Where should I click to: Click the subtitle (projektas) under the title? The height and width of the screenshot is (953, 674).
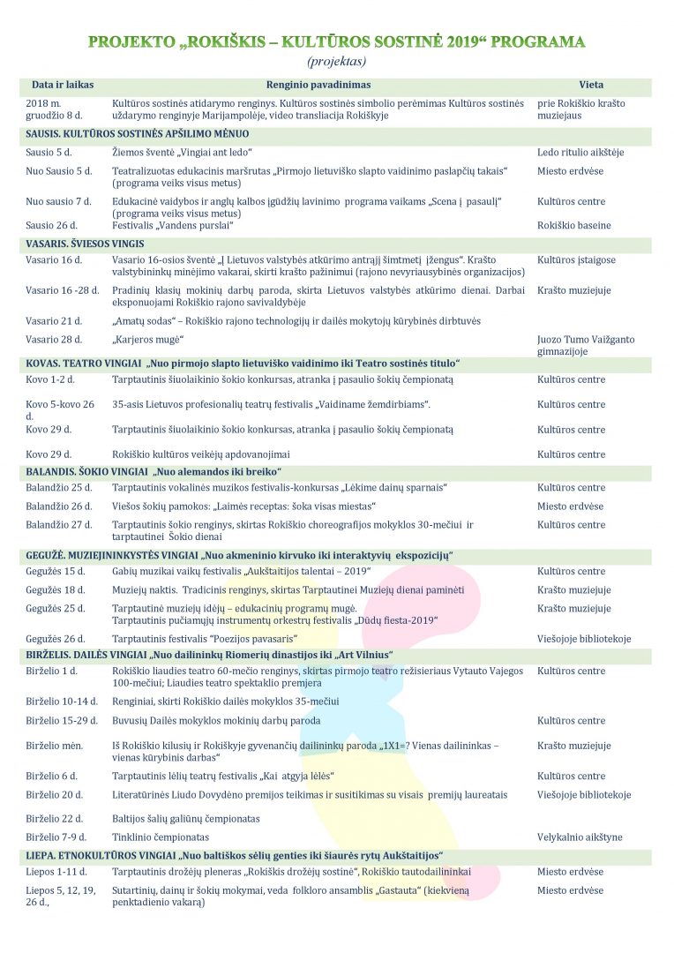click(336, 62)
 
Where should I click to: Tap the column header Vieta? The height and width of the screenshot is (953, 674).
click(591, 86)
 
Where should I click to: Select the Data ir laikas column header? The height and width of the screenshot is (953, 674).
click(63, 86)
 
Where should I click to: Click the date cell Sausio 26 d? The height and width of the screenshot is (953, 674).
click(52, 226)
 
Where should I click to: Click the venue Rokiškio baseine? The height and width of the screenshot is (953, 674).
click(573, 226)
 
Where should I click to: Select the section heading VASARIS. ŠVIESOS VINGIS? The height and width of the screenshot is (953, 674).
click(85, 244)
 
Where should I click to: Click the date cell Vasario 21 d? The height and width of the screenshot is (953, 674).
click(54, 321)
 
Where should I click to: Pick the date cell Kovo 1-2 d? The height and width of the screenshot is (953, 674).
click(50, 379)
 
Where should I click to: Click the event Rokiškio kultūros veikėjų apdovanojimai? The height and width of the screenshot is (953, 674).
click(201, 454)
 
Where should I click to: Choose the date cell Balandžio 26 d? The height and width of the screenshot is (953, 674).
click(59, 507)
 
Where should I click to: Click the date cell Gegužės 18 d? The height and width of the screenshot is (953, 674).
click(56, 590)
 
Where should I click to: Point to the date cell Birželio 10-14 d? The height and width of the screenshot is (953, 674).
click(62, 702)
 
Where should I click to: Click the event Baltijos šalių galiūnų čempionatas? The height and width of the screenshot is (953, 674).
click(185, 819)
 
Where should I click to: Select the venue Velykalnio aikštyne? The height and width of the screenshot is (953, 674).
click(580, 837)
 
